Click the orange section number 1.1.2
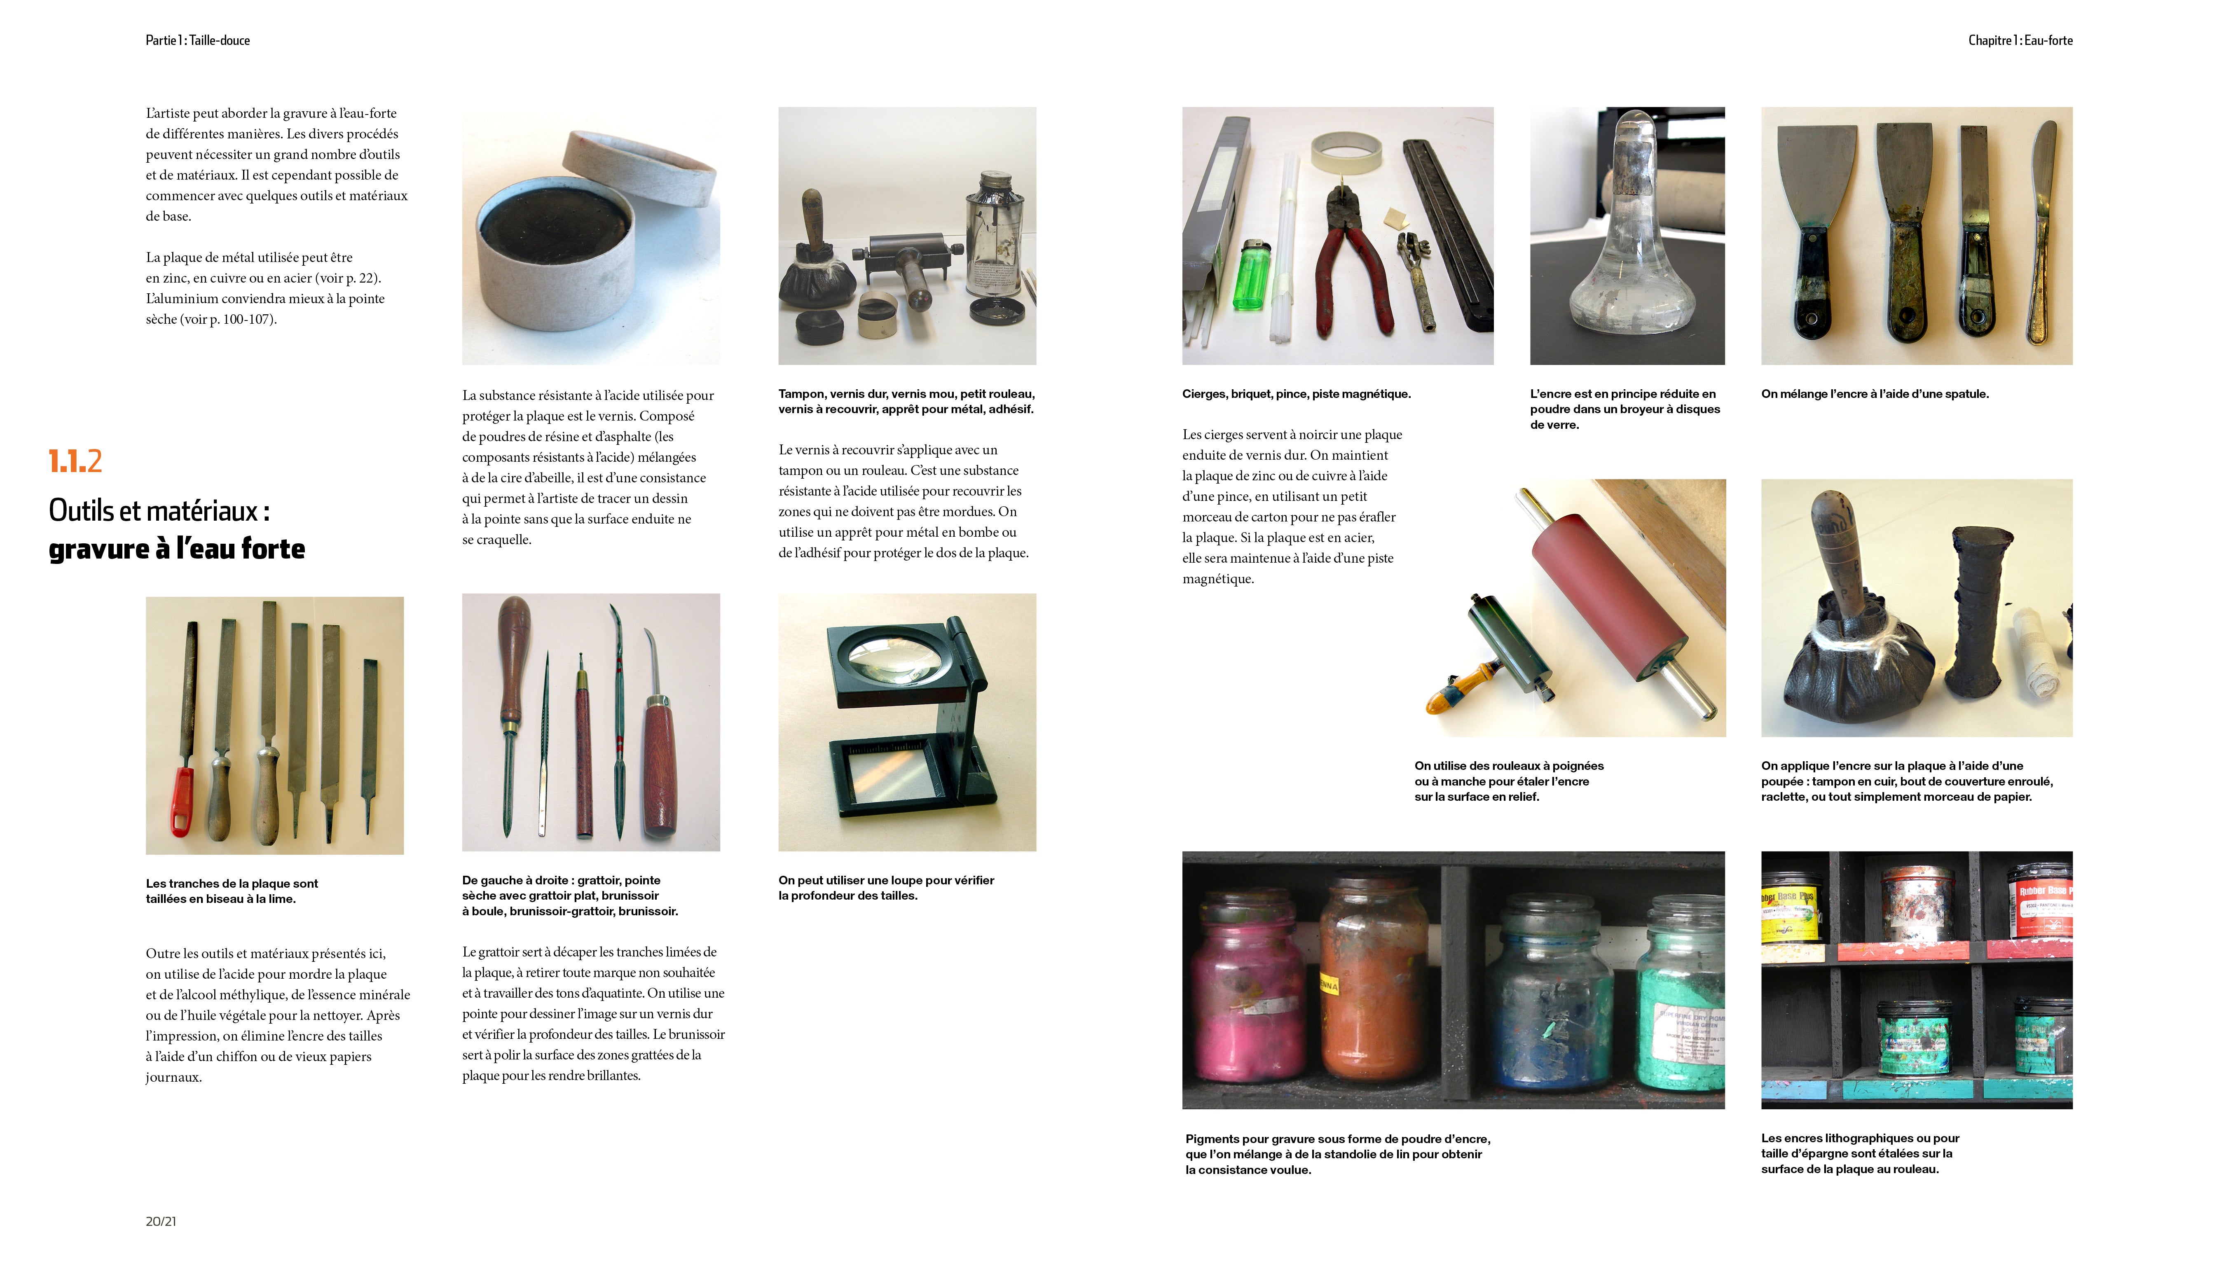[x=75, y=461]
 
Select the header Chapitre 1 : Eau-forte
[x=2020, y=40]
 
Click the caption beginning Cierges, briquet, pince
[x=1296, y=393]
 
